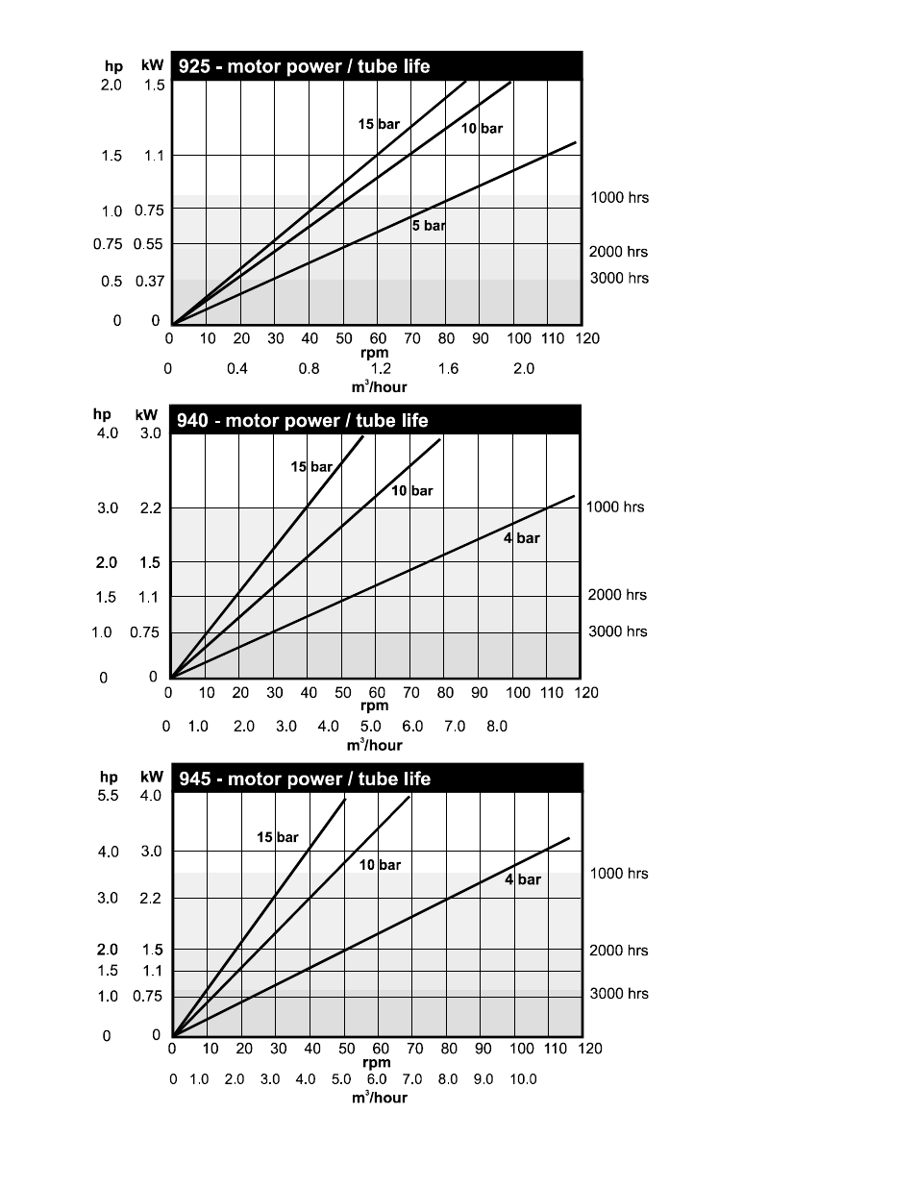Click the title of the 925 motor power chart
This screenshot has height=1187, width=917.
coord(304,66)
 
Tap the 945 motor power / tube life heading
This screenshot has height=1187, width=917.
coord(305,779)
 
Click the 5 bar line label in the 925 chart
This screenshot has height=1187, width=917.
coord(429,226)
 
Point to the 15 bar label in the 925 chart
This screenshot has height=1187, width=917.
coord(379,124)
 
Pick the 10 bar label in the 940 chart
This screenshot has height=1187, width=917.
coord(411,490)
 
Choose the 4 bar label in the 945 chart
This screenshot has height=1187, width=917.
coord(523,879)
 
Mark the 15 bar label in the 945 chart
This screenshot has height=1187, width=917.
coord(277,837)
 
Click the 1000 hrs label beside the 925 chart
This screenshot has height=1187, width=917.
coord(619,197)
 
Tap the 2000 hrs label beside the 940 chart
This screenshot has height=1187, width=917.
coord(617,595)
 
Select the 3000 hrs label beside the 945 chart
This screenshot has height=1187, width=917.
coord(619,993)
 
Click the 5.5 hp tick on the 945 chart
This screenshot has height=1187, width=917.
coord(108,796)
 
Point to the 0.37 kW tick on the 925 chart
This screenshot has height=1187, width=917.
coord(149,281)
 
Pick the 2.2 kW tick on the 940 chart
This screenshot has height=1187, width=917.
coord(150,507)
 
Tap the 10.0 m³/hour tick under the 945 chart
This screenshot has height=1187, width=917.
coord(523,1079)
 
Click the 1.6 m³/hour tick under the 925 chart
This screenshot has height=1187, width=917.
coord(448,368)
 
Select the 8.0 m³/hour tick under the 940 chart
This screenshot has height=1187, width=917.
coord(496,726)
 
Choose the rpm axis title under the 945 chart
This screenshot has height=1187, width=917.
coord(376,1062)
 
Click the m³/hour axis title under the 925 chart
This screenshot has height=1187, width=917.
coord(379,387)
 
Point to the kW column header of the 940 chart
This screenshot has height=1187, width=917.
coord(146,415)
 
